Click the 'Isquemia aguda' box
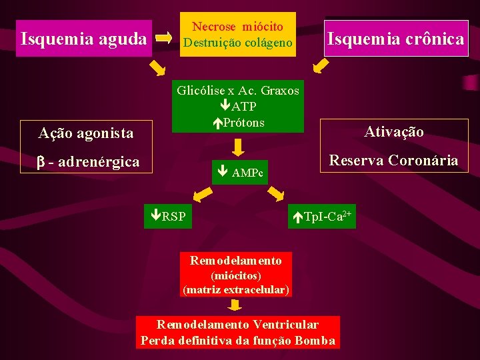(x=83, y=39)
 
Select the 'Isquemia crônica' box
(x=395, y=39)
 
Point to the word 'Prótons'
(x=243, y=122)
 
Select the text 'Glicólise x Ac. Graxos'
(x=238, y=91)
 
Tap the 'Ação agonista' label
(x=86, y=133)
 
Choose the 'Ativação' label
(x=393, y=131)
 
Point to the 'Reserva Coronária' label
(x=393, y=160)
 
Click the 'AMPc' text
(x=247, y=174)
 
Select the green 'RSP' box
(x=169, y=216)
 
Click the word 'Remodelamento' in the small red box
(x=236, y=261)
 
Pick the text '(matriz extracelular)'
(x=236, y=290)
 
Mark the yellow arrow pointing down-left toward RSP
(x=203, y=194)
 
